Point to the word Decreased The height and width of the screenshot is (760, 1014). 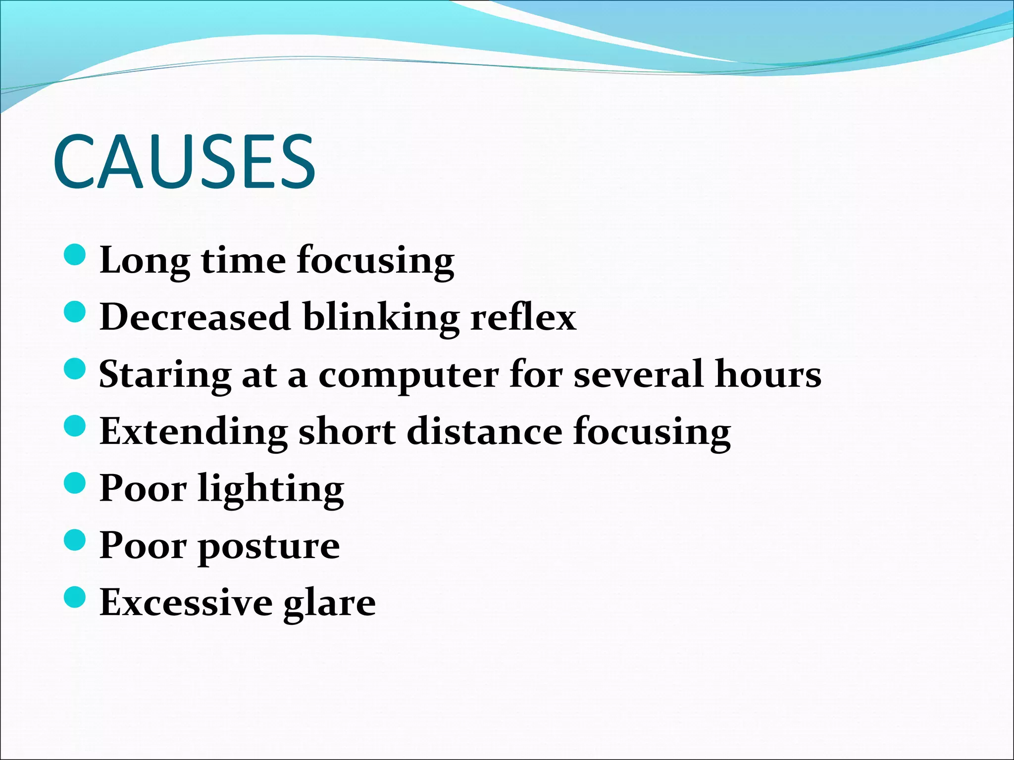[x=195, y=317]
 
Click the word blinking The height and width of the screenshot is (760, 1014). [x=381, y=318]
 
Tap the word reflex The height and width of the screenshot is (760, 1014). [x=523, y=317]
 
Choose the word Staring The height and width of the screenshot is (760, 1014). [x=165, y=375]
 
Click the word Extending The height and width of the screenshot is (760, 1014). [x=194, y=432]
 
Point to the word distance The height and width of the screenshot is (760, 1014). [x=485, y=431]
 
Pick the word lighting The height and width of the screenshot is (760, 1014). [x=271, y=489]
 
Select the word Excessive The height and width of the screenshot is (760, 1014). [x=186, y=602]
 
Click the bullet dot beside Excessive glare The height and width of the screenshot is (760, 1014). [x=75, y=597]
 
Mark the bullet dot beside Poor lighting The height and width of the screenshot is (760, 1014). [x=75, y=482]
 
